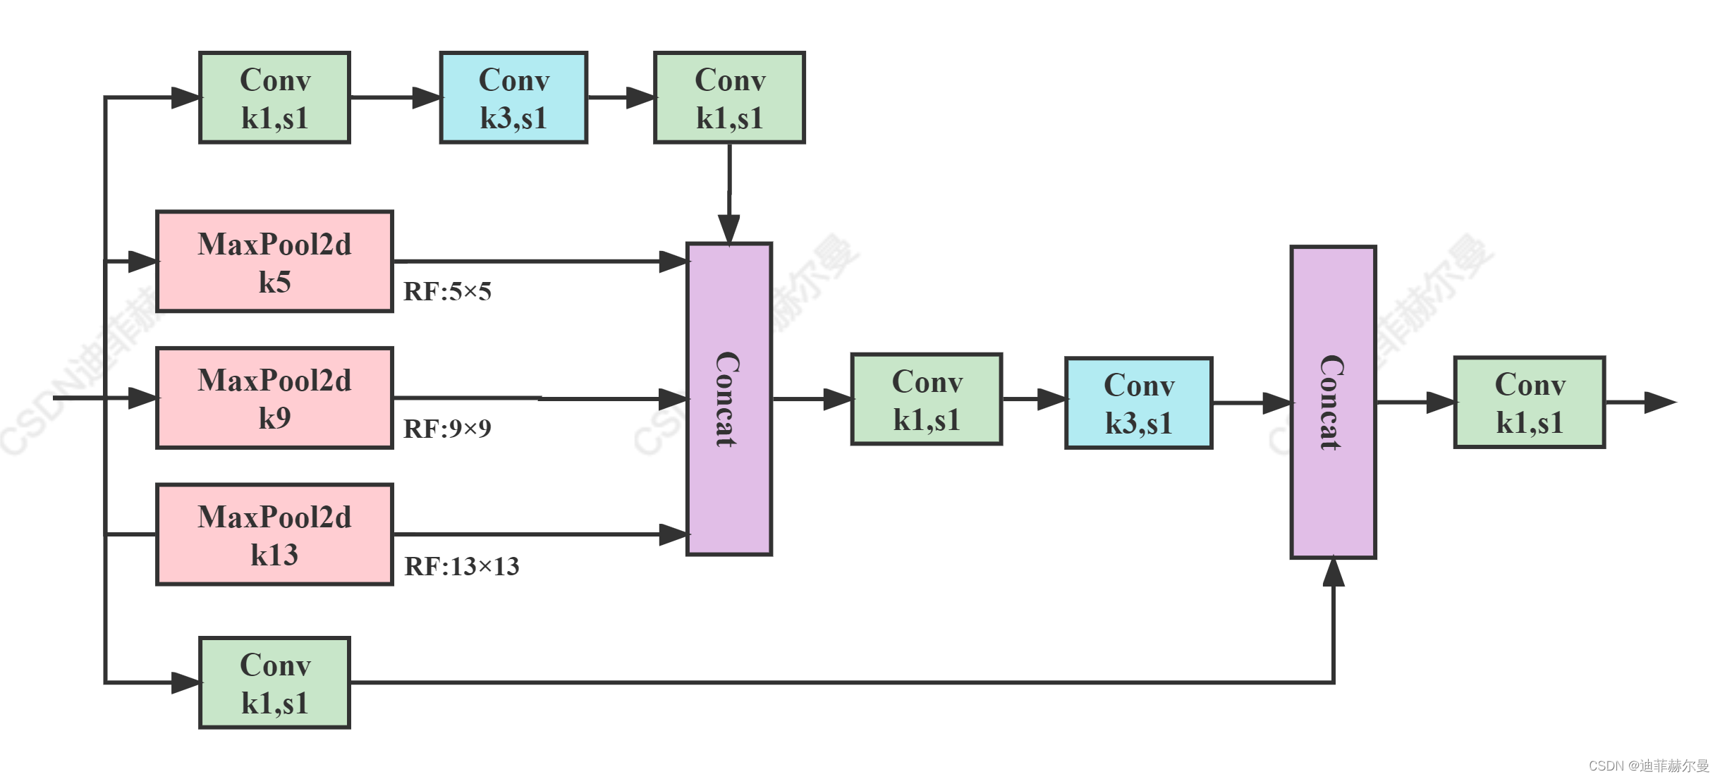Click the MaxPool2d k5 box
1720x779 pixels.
pyautogui.click(x=274, y=262)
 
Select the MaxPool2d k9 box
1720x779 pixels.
pyautogui.click(x=274, y=398)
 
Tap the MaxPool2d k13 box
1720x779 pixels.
pyautogui.click(x=274, y=535)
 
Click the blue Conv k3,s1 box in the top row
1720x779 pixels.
pyautogui.click(x=514, y=98)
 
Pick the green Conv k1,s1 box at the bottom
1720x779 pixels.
pyautogui.click(x=275, y=683)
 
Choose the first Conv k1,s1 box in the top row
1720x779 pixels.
pyautogui.click(x=275, y=98)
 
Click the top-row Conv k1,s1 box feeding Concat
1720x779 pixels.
pyautogui.click(x=730, y=98)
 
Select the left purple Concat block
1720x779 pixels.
pyautogui.click(x=730, y=400)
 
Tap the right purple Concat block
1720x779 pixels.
pyautogui.click(x=1334, y=403)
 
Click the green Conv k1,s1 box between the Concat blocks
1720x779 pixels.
pyautogui.click(x=927, y=400)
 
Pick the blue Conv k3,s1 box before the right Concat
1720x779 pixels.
pyautogui.click(x=1139, y=403)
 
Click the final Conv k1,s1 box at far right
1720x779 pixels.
pyautogui.click(x=1530, y=403)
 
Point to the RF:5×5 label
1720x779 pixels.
pyautogui.click(x=447, y=292)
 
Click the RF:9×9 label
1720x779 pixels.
pyautogui.click(x=447, y=429)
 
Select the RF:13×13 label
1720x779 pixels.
pyautogui.click(x=461, y=566)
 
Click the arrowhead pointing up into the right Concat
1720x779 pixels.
pyautogui.click(x=1334, y=572)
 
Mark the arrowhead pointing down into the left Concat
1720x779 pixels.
pyautogui.click(x=729, y=228)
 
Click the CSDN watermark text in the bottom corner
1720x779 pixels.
pyautogui.click(x=1649, y=766)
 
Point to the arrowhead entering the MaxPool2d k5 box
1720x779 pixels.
pyautogui.click(x=142, y=262)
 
